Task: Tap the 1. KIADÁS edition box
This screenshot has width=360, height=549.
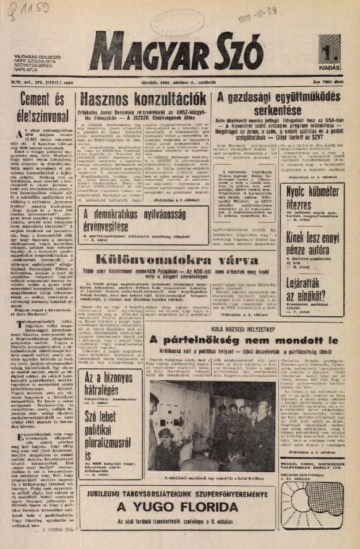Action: click(330, 52)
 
